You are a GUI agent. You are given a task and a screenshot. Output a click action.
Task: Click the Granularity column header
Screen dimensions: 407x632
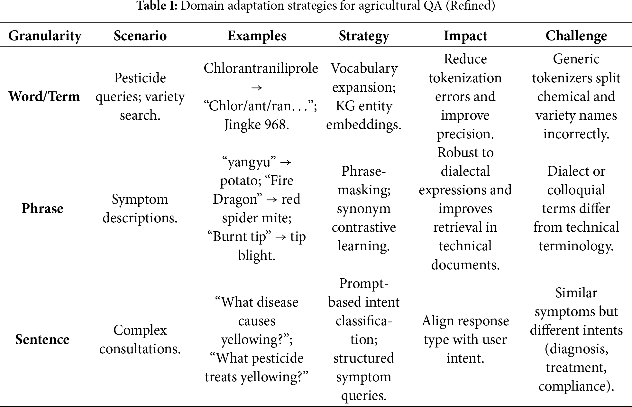(x=45, y=36)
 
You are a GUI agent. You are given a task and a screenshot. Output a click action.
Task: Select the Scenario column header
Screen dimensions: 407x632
(x=140, y=36)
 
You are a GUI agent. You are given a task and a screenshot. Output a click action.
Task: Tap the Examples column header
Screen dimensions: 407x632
(x=257, y=36)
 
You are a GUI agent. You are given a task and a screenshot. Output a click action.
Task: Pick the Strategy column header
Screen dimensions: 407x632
(x=364, y=36)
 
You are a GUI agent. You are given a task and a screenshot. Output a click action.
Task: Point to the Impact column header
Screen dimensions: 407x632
(x=465, y=36)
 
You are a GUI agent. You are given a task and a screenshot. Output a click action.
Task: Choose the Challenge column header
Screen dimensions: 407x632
(x=576, y=36)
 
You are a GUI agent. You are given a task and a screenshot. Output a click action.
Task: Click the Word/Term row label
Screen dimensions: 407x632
(x=44, y=97)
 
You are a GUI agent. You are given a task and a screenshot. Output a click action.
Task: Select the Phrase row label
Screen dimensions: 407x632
(x=42, y=208)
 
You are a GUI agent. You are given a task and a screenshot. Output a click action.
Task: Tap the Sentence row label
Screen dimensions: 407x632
(x=42, y=339)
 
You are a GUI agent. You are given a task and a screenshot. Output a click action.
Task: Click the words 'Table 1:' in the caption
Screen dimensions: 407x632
(x=157, y=6)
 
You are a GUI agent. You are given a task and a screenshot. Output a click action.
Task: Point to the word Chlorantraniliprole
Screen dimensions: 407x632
(x=261, y=68)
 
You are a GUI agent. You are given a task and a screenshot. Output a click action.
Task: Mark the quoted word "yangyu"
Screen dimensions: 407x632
(x=247, y=162)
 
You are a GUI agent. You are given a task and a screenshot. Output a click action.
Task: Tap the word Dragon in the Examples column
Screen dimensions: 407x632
(x=235, y=199)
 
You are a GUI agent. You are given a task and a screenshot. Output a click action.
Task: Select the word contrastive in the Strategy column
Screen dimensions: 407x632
(x=364, y=227)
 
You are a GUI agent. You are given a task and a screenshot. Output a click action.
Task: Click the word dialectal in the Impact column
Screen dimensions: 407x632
(x=465, y=171)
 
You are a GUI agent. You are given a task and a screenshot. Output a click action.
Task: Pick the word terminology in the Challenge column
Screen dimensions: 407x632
(x=576, y=246)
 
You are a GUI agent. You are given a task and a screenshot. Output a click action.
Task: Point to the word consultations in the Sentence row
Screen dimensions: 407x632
(x=140, y=349)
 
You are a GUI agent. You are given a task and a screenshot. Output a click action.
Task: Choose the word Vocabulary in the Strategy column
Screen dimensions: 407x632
(x=364, y=68)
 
